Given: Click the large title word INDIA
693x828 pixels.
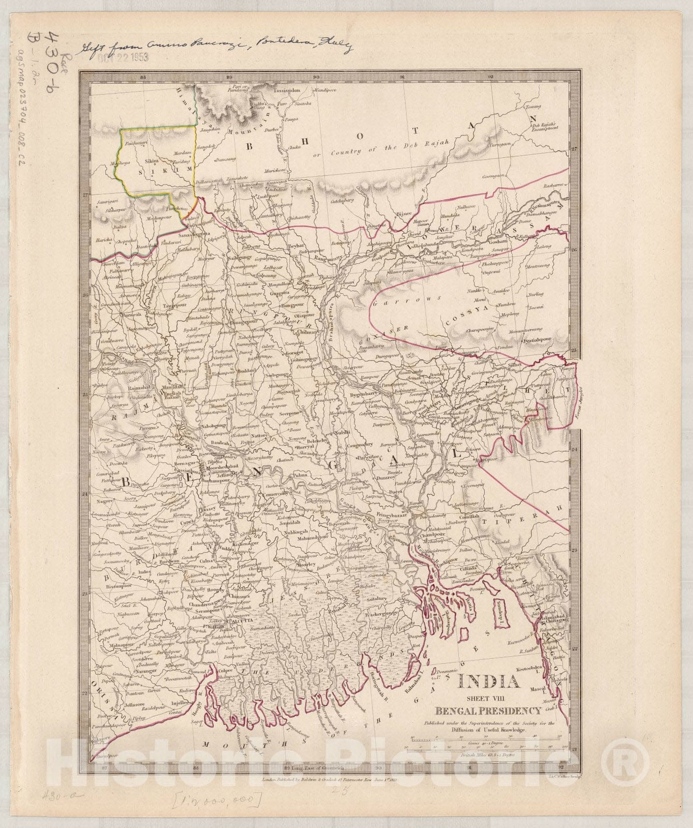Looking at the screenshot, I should tap(489, 682).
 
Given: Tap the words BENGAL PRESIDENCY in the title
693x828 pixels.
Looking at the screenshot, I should tap(489, 711).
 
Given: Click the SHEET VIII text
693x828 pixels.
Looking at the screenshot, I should tap(489, 698).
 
